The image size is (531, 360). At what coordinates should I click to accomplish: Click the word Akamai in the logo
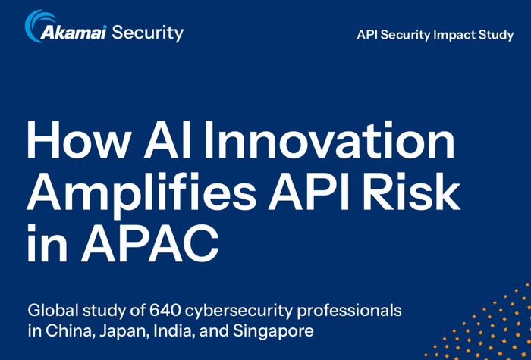(74, 33)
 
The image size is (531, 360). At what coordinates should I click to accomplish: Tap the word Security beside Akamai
(148, 33)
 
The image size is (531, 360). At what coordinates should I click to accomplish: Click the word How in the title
(78, 141)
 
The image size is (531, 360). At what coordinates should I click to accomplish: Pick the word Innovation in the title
(328, 139)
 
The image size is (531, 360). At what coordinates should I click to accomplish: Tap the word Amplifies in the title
(142, 193)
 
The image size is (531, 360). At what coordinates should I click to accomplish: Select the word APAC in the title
(150, 243)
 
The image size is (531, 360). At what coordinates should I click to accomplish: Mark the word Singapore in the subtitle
(273, 332)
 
